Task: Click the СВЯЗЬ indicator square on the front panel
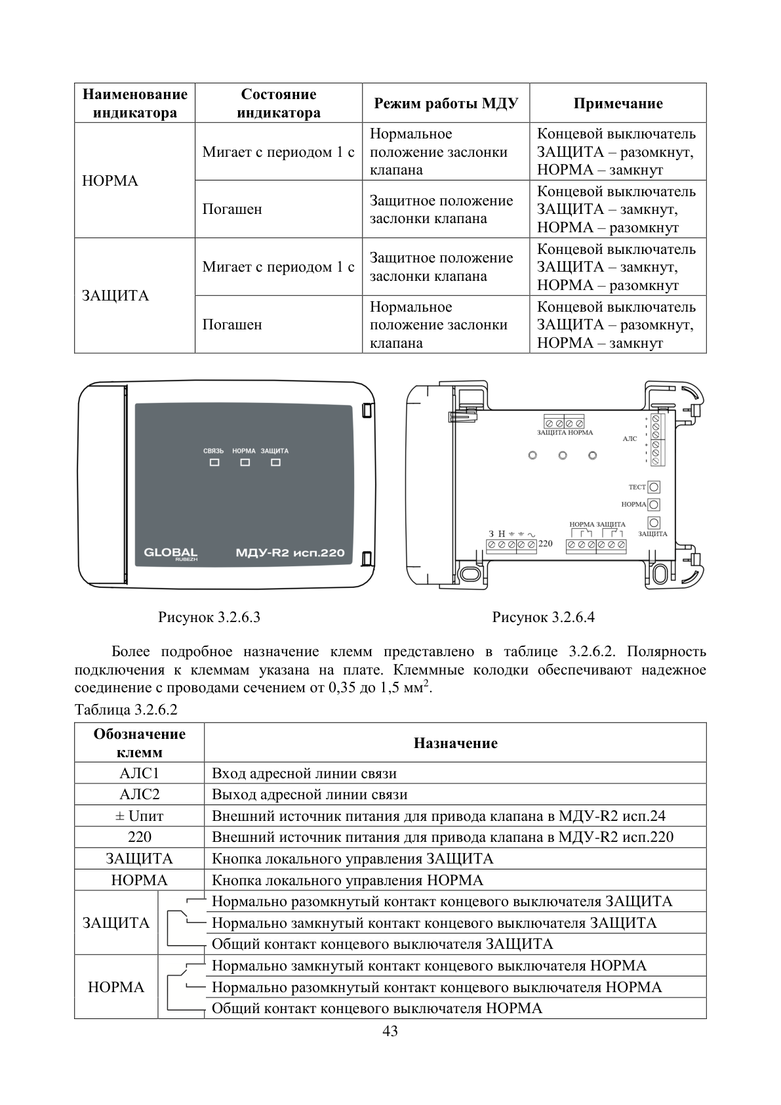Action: pyautogui.click(x=214, y=463)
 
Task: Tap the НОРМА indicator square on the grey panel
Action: pyautogui.click(x=245, y=463)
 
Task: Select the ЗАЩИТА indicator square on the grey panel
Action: pyautogui.click(x=275, y=463)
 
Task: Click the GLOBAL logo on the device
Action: pyautogui.click(x=170, y=554)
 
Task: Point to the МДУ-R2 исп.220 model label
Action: pyautogui.click(x=290, y=553)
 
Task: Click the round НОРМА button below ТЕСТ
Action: pyautogui.click(x=654, y=505)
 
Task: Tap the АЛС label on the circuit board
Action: pyautogui.click(x=630, y=438)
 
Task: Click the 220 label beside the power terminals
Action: pyautogui.click(x=546, y=543)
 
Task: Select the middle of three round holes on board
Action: pyautogui.click(x=563, y=455)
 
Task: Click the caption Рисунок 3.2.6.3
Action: pyautogui.click(x=209, y=617)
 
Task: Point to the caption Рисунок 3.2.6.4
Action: pyautogui.click(x=544, y=617)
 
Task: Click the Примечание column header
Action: pyautogui.click(x=618, y=103)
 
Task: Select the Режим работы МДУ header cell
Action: pyautogui.click(x=446, y=103)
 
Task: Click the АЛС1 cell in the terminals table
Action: pyautogui.click(x=140, y=773)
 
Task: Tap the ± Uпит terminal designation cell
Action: pyautogui.click(x=140, y=816)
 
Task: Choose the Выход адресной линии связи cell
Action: pyautogui.click(x=455, y=794)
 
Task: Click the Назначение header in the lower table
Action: pyautogui.click(x=455, y=743)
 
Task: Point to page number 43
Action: pyautogui.click(x=390, y=1031)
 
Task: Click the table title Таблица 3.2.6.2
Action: pyautogui.click(x=126, y=709)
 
